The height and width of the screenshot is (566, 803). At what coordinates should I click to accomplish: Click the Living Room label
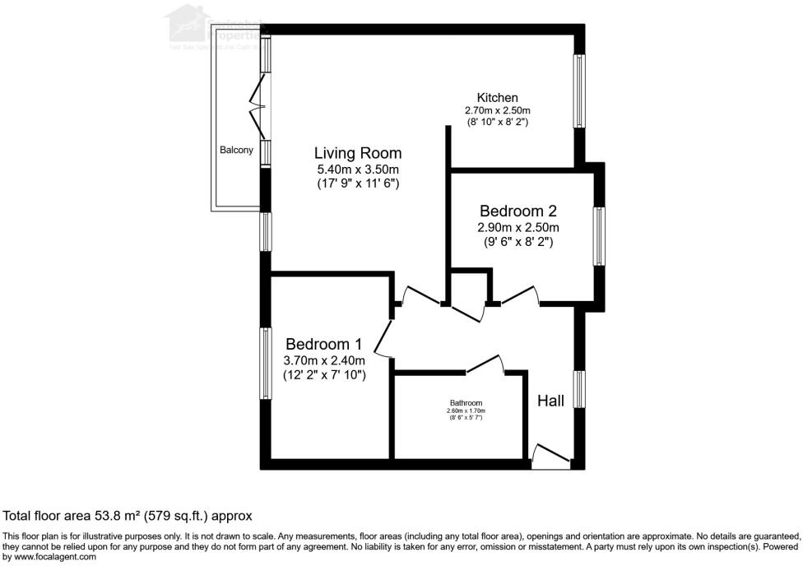click(358, 153)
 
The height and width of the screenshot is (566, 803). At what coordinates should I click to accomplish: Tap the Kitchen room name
click(498, 98)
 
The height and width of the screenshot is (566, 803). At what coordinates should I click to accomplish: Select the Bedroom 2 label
click(518, 211)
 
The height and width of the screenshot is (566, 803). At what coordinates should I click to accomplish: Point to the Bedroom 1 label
click(323, 344)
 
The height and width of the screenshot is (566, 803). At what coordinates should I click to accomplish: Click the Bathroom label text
click(465, 402)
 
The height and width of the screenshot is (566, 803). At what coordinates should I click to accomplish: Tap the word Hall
click(550, 401)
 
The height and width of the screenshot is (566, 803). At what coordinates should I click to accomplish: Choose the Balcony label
click(236, 151)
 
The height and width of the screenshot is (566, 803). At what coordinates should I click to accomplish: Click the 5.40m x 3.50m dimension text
click(358, 169)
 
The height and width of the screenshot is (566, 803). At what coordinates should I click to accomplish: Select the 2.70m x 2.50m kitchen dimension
click(498, 110)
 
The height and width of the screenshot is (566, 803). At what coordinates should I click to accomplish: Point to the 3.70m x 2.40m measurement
click(323, 360)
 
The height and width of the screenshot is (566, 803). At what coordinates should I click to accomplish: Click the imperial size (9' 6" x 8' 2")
click(518, 243)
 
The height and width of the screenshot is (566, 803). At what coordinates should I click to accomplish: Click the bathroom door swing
click(485, 364)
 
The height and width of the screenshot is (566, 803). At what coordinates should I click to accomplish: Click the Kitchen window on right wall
click(579, 91)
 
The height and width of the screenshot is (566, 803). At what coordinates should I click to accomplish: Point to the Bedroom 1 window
click(267, 364)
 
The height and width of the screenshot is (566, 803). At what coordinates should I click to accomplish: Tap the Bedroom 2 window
click(601, 237)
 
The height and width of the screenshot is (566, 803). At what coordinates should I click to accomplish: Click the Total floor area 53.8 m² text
click(128, 516)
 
